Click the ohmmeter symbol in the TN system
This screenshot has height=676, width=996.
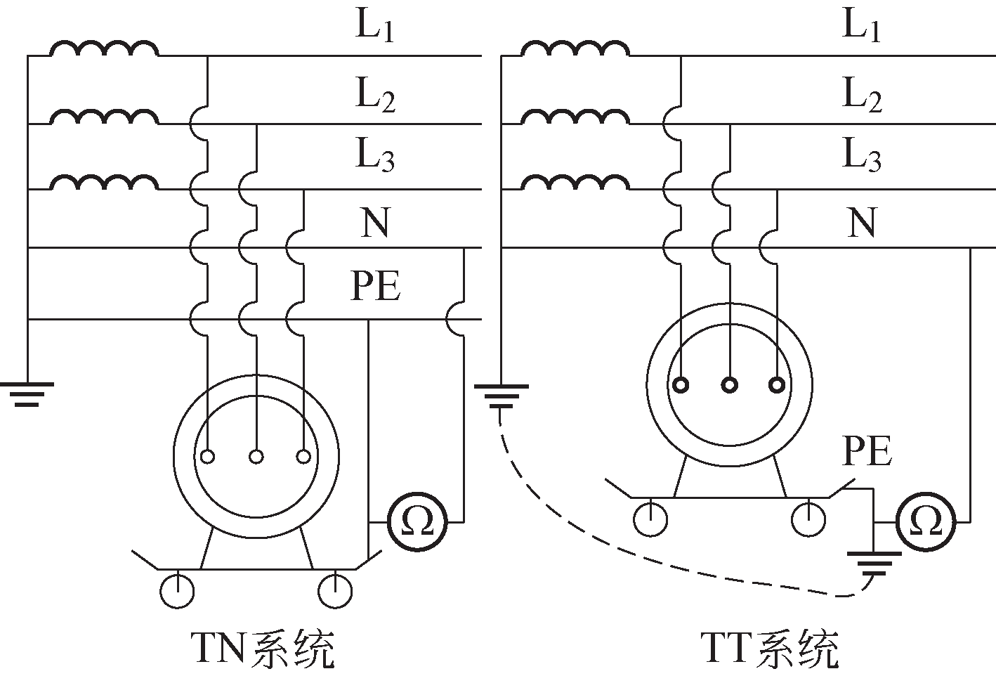[419, 522]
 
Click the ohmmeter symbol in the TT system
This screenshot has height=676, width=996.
[926, 522]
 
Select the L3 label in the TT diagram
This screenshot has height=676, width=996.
[862, 155]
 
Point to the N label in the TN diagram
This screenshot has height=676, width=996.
[375, 223]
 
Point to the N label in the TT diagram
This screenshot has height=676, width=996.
[862, 223]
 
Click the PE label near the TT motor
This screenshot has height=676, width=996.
[867, 451]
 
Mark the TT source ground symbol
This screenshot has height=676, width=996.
[501, 396]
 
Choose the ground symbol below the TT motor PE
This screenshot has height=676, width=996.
[873, 562]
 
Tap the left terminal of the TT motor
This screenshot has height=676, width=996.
[681, 385]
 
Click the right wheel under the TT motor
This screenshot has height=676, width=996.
[808, 519]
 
